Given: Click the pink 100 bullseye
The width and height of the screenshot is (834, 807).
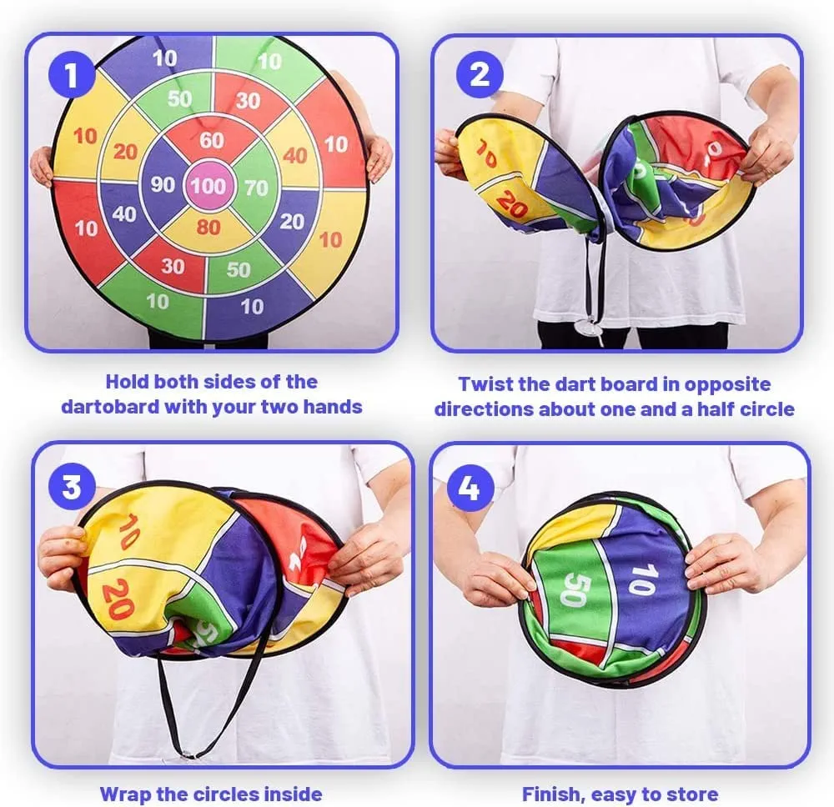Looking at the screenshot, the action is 208,186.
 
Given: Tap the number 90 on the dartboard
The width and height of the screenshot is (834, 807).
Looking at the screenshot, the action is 163,184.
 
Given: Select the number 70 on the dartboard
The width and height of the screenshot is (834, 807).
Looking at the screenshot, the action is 256,188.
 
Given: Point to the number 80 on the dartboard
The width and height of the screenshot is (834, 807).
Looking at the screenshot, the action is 208,228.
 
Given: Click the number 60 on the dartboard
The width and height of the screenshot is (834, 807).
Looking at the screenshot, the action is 212,140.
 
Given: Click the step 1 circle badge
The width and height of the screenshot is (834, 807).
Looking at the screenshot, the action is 72,75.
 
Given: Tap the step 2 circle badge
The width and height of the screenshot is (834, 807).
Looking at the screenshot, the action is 480,74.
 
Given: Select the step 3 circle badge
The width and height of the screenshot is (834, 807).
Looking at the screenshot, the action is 73,487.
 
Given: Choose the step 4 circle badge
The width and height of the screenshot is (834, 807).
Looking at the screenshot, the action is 469,488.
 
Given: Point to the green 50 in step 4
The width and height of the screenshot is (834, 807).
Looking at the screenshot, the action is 574,589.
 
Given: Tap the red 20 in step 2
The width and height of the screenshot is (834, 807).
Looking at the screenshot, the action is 511,204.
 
